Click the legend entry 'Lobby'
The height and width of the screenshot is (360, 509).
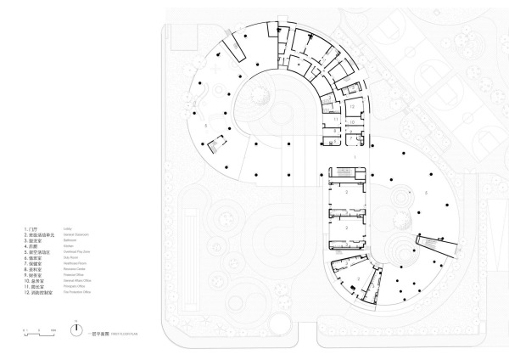click(70, 228)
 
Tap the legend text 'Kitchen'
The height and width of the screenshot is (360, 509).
click(70, 245)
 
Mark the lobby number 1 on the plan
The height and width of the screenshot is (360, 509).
click(355, 158)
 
